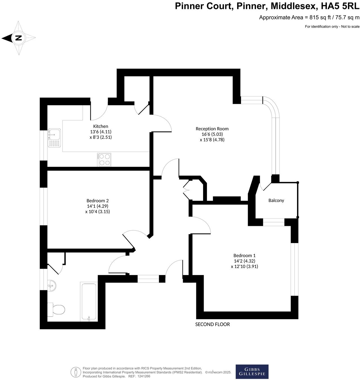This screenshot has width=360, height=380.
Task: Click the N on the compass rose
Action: (x=19, y=38)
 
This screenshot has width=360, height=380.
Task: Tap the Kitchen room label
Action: (x=100, y=126)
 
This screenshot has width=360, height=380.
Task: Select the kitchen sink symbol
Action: (x=54, y=138)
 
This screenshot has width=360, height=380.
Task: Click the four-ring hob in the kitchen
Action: (x=104, y=159)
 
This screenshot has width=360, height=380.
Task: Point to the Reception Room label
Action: (x=212, y=129)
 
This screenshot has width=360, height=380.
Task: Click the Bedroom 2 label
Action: (x=97, y=201)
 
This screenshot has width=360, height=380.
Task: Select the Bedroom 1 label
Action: (x=244, y=255)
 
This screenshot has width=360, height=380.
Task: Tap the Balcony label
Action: (x=276, y=200)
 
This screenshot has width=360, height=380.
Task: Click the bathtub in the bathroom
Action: (x=89, y=302)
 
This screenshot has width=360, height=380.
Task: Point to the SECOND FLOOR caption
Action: (x=213, y=324)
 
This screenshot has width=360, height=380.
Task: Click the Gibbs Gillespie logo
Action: (x=252, y=372)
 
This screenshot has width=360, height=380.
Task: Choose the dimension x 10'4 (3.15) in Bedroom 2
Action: (x=97, y=212)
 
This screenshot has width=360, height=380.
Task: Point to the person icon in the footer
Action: (x=76, y=372)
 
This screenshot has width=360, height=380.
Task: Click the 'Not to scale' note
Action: (x=350, y=26)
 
